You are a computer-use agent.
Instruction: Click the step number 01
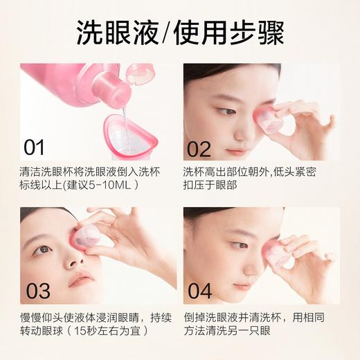pyautogui.click(x=34, y=147)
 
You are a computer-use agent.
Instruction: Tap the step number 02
pyautogui.click(x=199, y=148)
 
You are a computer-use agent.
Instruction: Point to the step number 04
pyautogui.click(x=199, y=290)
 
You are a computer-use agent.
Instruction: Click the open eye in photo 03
pyautogui.click(x=42, y=249)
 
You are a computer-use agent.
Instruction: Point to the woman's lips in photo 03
pyautogui.click(x=82, y=280)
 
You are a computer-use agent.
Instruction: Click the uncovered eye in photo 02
pyautogui.click(x=226, y=111)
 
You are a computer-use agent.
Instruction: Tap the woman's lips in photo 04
pyautogui.click(x=242, y=285)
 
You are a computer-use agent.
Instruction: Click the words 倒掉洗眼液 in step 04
pyautogui.click(x=211, y=316)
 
